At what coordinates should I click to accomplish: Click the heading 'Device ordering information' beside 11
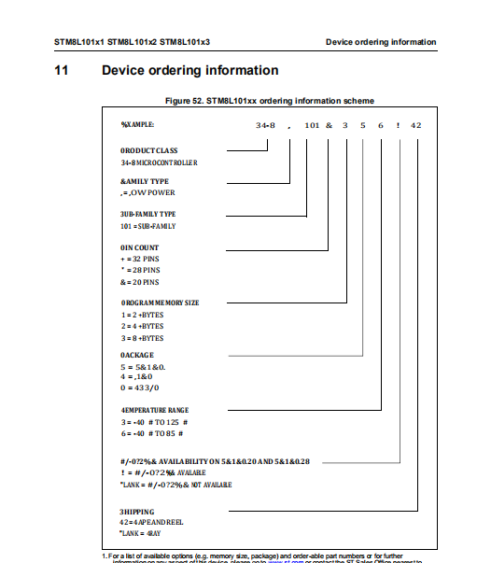pyautogui.click(x=189, y=70)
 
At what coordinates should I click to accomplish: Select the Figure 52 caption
pyautogui.click(x=271, y=100)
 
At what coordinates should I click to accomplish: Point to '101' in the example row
pyautogui.click(x=314, y=124)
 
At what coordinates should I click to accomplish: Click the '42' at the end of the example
pyautogui.click(x=415, y=124)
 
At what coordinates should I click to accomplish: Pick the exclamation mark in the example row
pyautogui.click(x=399, y=124)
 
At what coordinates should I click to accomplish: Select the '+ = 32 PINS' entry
pyautogui.click(x=140, y=259)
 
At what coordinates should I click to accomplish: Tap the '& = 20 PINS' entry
pyautogui.click(x=140, y=281)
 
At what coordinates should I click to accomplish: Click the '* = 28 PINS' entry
pyautogui.click(x=140, y=270)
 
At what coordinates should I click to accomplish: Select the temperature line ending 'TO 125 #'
pyautogui.click(x=152, y=422)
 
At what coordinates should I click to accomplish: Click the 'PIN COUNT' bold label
pyautogui.click(x=140, y=247)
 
